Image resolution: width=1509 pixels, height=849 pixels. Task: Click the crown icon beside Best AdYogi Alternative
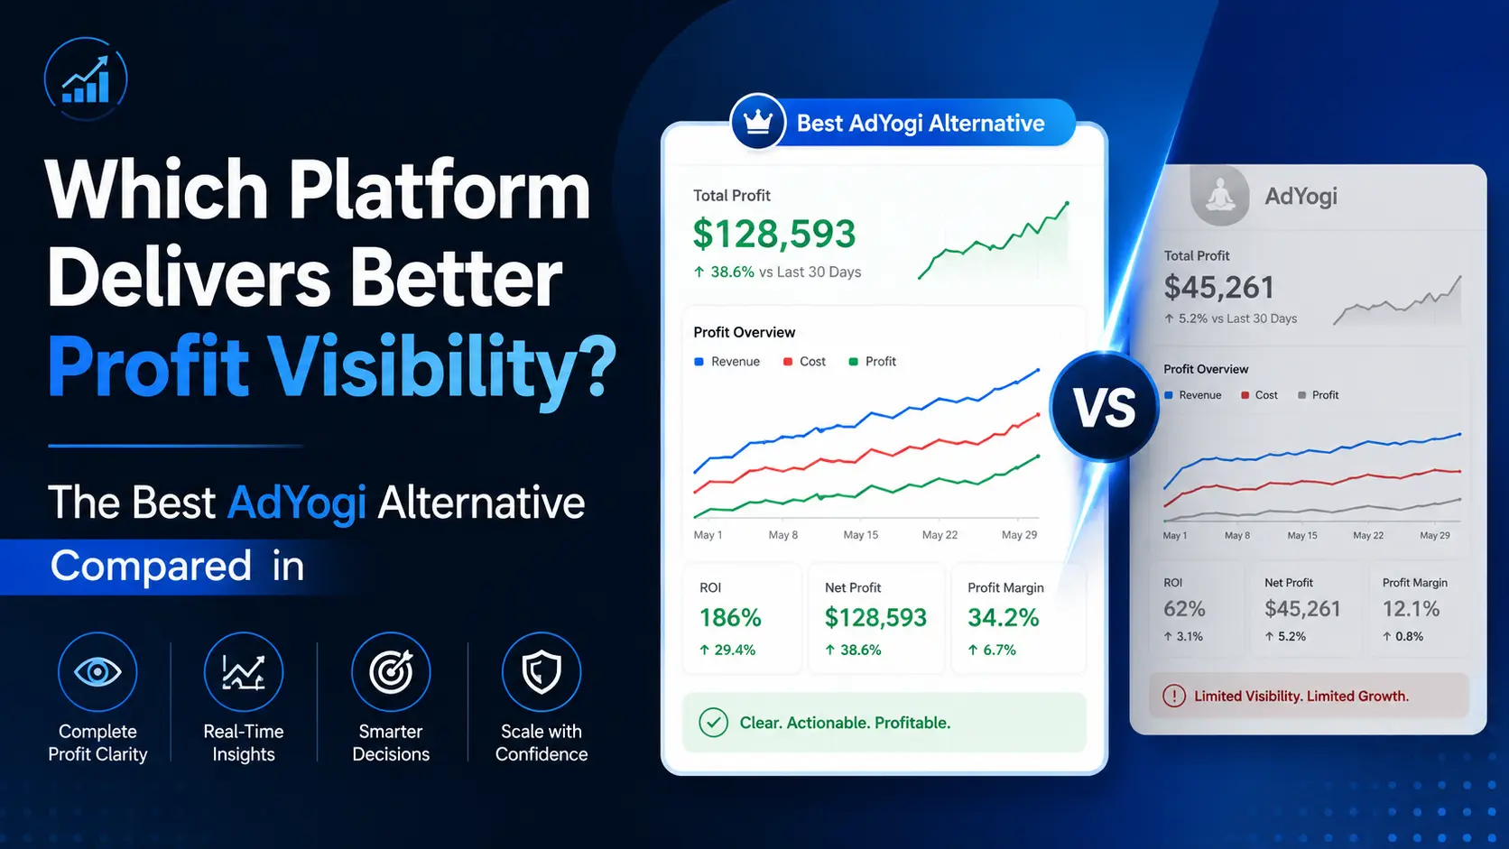tap(758, 122)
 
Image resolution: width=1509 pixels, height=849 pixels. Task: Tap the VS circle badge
tap(1104, 407)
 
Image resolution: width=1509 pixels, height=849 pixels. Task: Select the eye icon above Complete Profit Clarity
tap(97, 672)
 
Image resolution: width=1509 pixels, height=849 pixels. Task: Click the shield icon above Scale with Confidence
tap(542, 672)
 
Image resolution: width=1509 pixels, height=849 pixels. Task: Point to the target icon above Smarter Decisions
tap(391, 672)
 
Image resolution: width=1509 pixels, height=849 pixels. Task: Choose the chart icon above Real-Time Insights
tap(244, 672)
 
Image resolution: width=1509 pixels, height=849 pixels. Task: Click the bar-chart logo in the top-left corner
tap(86, 78)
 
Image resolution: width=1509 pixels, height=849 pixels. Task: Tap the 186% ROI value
tap(730, 617)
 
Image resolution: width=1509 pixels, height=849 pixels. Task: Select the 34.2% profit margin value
tap(1003, 617)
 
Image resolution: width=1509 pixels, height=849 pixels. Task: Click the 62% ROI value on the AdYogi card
tap(1183, 609)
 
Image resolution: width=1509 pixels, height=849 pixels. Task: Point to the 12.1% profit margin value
tap(1411, 609)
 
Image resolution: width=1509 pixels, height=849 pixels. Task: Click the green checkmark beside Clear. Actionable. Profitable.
tap(713, 723)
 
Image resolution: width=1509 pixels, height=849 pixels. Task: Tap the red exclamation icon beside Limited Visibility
tap(1174, 697)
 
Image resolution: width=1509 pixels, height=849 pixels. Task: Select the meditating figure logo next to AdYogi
tap(1220, 196)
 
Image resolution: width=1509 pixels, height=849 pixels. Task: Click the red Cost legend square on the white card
tap(788, 362)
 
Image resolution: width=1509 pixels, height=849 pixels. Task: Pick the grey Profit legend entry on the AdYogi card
tap(1319, 395)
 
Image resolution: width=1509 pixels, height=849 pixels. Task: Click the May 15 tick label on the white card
tap(861, 535)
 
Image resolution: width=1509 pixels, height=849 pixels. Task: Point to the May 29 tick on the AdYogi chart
tap(1435, 535)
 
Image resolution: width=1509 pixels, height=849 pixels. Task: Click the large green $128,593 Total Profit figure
tap(774, 234)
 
